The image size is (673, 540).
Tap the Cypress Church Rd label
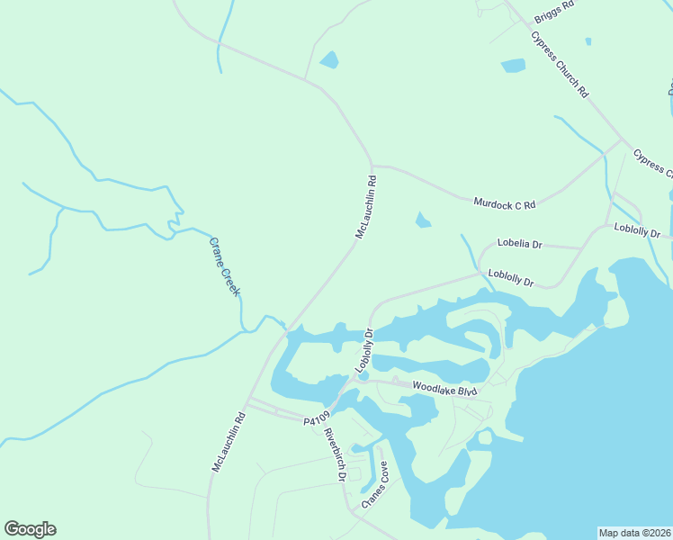tap(560, 65)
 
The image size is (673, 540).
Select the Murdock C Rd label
tap(504, 203)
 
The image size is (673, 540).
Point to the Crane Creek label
tap(226, 265)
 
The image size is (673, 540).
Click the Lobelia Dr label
tap(520, 244)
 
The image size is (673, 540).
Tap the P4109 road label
tap(318, 418)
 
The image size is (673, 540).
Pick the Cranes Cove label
tap(375, 485)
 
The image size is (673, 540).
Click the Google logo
tap(30, 529)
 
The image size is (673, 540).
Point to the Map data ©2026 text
tap(634, 532)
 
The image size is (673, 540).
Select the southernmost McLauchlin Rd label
tap(229, 442)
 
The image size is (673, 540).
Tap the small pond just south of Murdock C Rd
tap(422, 220)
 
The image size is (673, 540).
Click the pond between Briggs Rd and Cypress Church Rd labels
tap(513, 65)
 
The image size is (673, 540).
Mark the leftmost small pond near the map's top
tap(329, 59)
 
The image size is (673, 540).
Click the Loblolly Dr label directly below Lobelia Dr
tap(511, 278)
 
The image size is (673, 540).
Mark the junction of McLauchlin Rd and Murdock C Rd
tap(371, 166)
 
